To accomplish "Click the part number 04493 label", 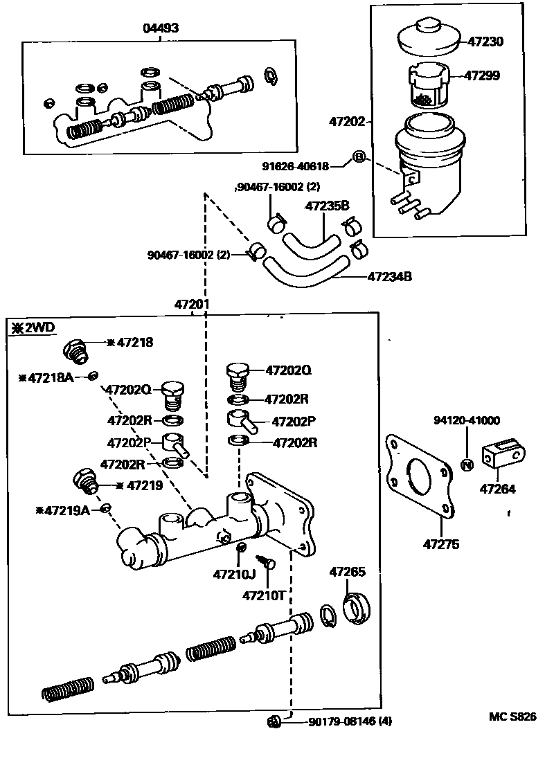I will pyautogui.click(x=160, y=28).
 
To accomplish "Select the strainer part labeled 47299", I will pyautogui.click(x=427, y=85).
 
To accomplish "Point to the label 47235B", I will pyautogui.click(x=328, y=206).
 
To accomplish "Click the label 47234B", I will pyautogui.click(x=390, y=277).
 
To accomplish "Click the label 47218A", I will pyautogui.click(x=49, y=377).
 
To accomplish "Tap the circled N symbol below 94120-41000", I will pyautogui.click(x=467, y=465).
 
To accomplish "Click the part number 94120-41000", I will pyautogui.click(x=467, y=420).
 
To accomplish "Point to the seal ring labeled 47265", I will pyautogui.click(x=357, y=606).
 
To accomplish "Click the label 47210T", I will pyautogui.click(x=265, y=595).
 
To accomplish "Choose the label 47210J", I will pyautogui.click(x=234, y=574).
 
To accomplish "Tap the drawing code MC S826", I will pyautogui.click(x=512, y=717).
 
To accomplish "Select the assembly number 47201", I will pyautogui.click(x=192, y=304).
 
